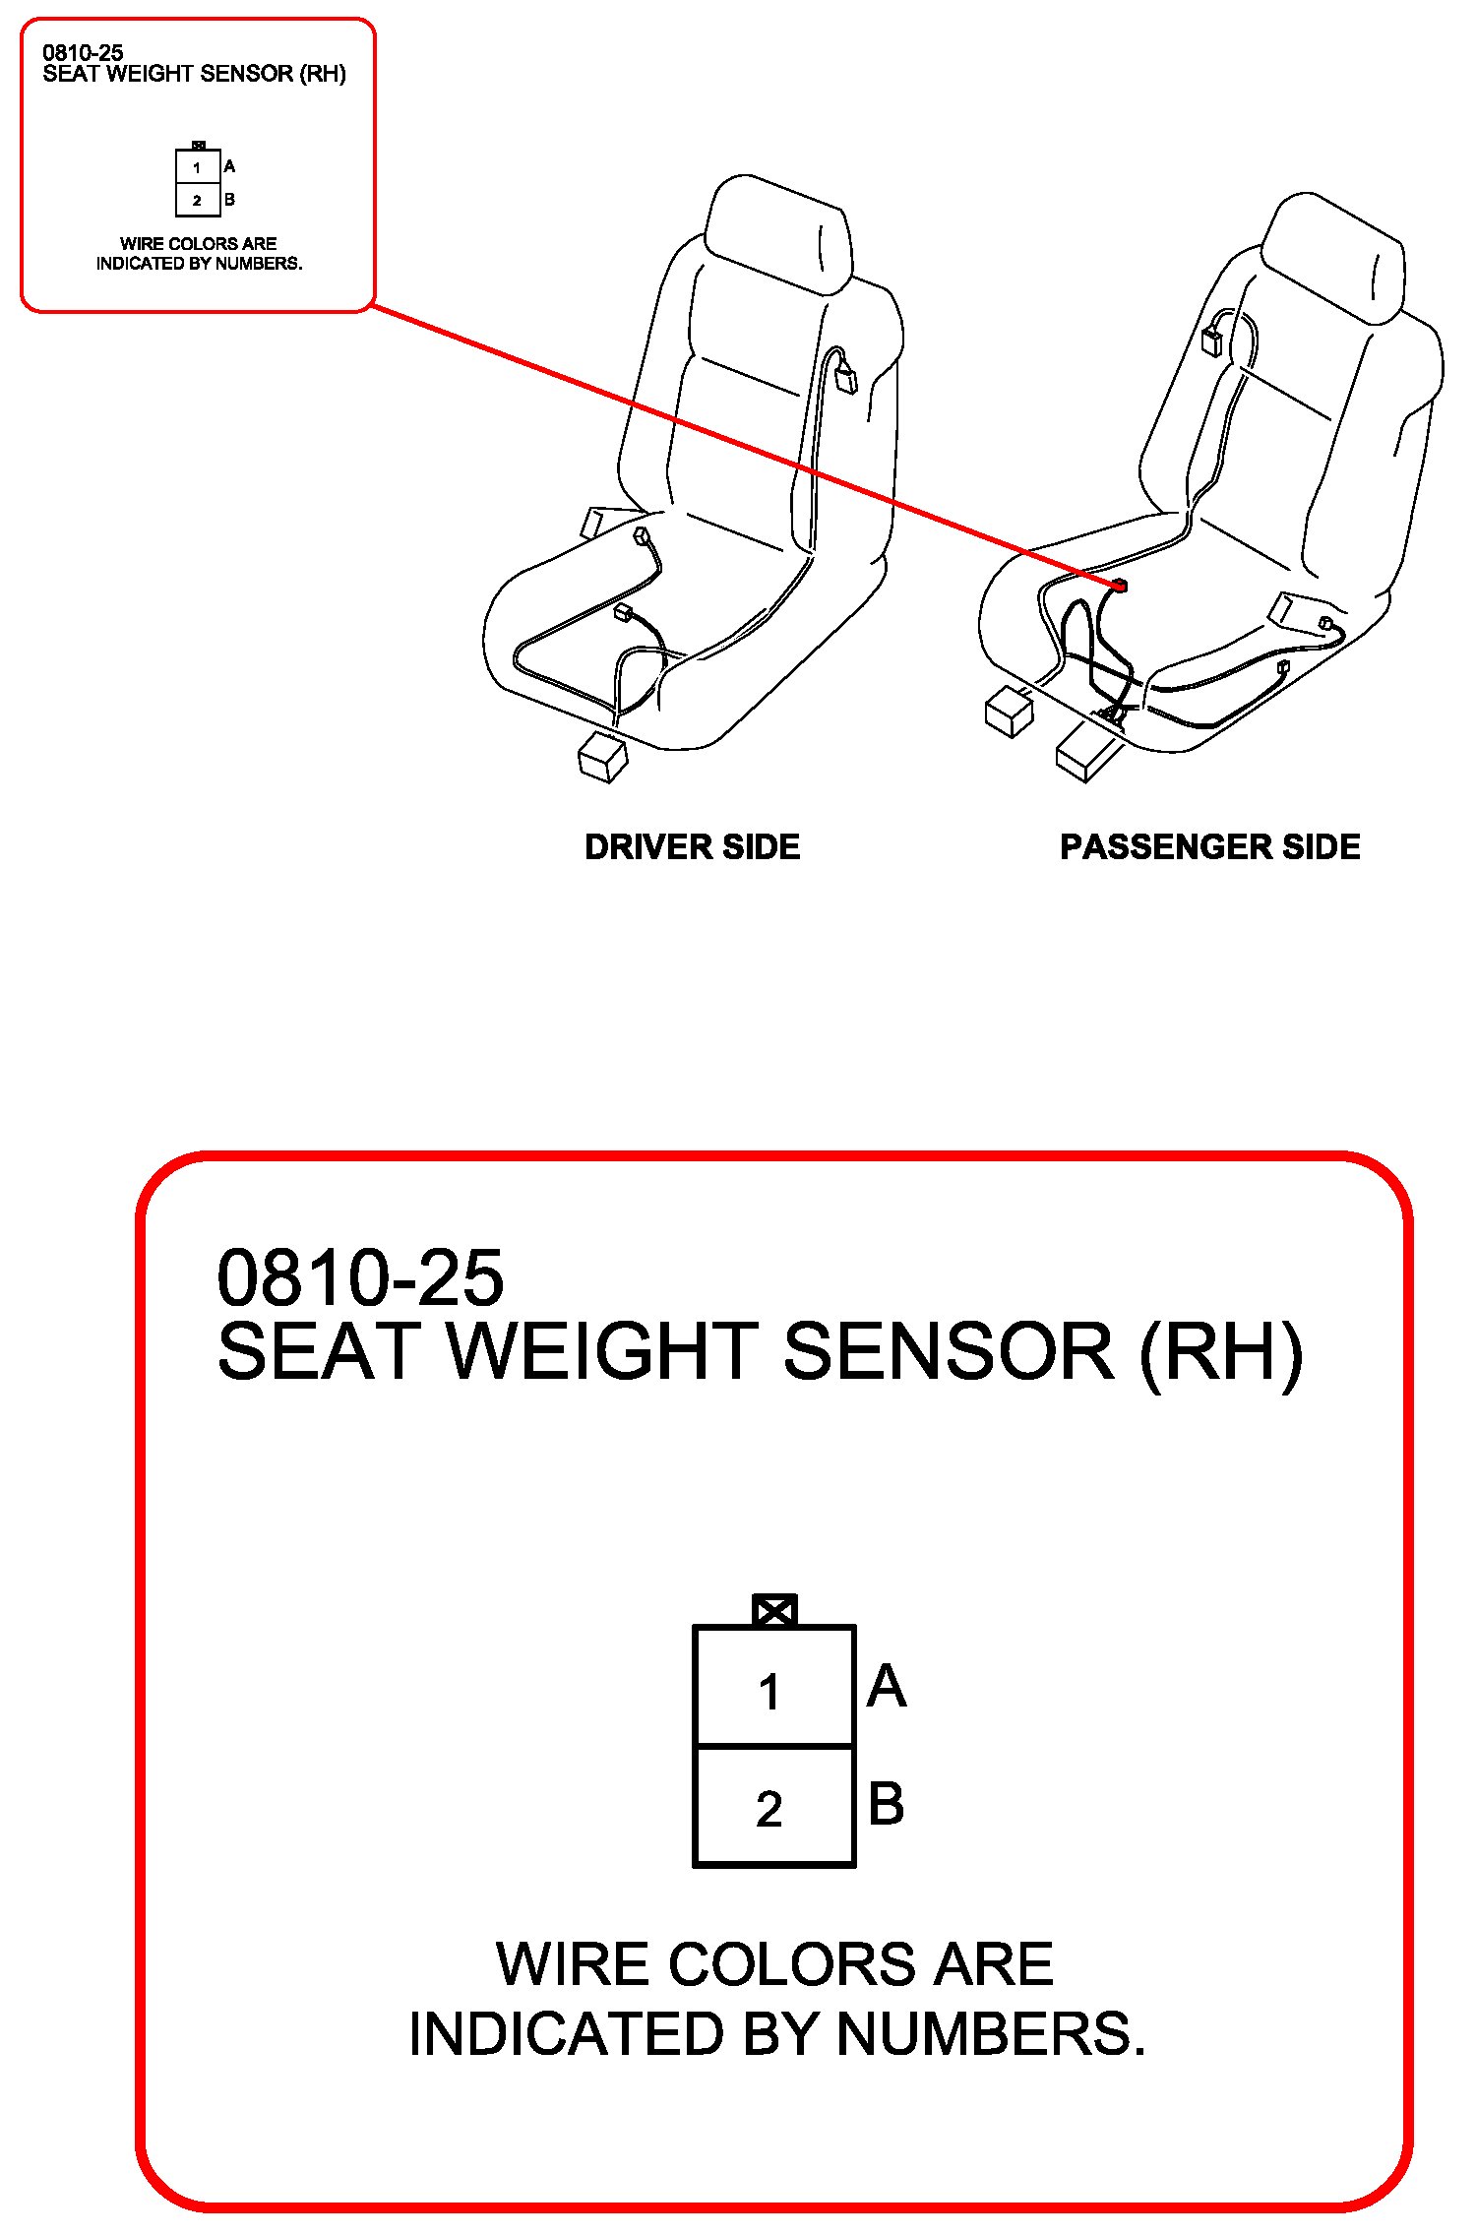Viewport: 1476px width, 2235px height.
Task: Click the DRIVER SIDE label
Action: tap(692, 846)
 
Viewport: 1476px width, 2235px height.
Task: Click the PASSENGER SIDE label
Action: tap(1209, 846)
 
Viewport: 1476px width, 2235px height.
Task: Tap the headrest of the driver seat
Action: tap(779, 234)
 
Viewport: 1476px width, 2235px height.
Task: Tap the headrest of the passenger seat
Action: tap(1333, 258)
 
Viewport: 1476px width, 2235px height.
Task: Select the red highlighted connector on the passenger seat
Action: tap(1119, 587)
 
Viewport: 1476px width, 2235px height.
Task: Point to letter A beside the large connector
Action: tap(887, 1686)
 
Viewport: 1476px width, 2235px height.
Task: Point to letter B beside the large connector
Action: tap(886, 1804)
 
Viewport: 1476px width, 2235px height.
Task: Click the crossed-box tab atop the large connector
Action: tap(774, 1611)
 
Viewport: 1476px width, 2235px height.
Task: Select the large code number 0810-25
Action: tap(360, 1277)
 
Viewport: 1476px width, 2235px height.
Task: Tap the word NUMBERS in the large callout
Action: tap(991, 2034)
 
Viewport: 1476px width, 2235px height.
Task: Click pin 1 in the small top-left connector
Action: tap(197, 167)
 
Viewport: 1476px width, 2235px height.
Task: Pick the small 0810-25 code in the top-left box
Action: tap(83, 53)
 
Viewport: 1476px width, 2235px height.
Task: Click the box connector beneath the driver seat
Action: tap(603, 757)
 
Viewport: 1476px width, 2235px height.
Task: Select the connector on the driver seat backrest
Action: tap(845, 379)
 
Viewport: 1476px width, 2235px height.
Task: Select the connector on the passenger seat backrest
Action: tap(1211, 341)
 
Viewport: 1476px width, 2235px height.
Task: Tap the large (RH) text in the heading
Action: tap(1220, 1351)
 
